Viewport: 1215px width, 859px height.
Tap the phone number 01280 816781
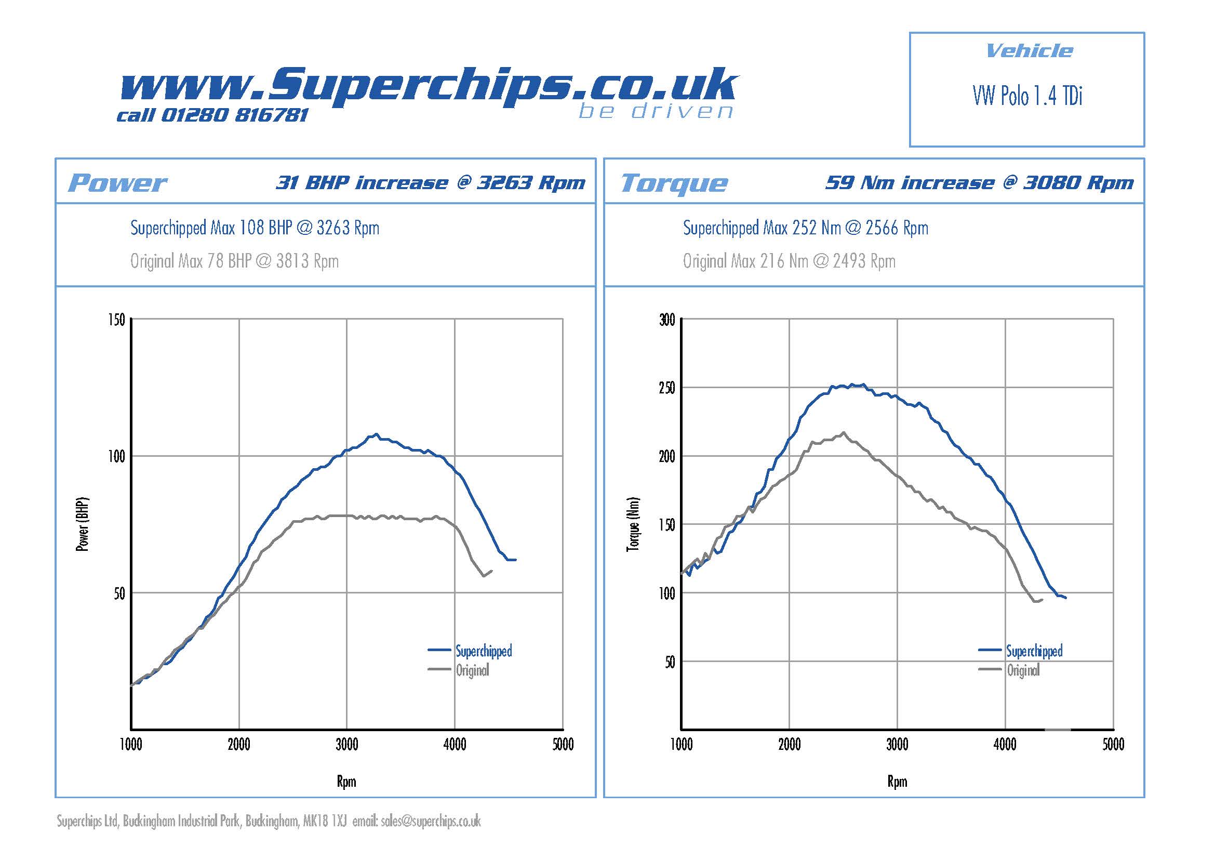coord(233,115)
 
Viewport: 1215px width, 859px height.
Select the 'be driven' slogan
coord(656,112)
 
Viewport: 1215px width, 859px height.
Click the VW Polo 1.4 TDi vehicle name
coord(1027,96)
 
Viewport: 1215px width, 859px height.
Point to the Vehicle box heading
coord(1029,51)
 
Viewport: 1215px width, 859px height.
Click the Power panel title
coord(117,183)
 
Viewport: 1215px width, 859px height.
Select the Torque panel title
coord(674,183)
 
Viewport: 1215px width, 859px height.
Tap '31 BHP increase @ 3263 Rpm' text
coord(430,182)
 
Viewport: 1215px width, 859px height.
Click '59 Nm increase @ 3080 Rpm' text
coord(979,182)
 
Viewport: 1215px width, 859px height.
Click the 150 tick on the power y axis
coord(116,320)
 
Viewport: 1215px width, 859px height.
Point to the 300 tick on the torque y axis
coord(667,320)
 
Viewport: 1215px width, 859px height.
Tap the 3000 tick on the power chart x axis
coord(346,745)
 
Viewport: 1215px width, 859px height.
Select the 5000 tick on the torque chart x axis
coord(1113,745)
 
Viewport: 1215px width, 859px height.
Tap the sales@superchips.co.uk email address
coord(430,821)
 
